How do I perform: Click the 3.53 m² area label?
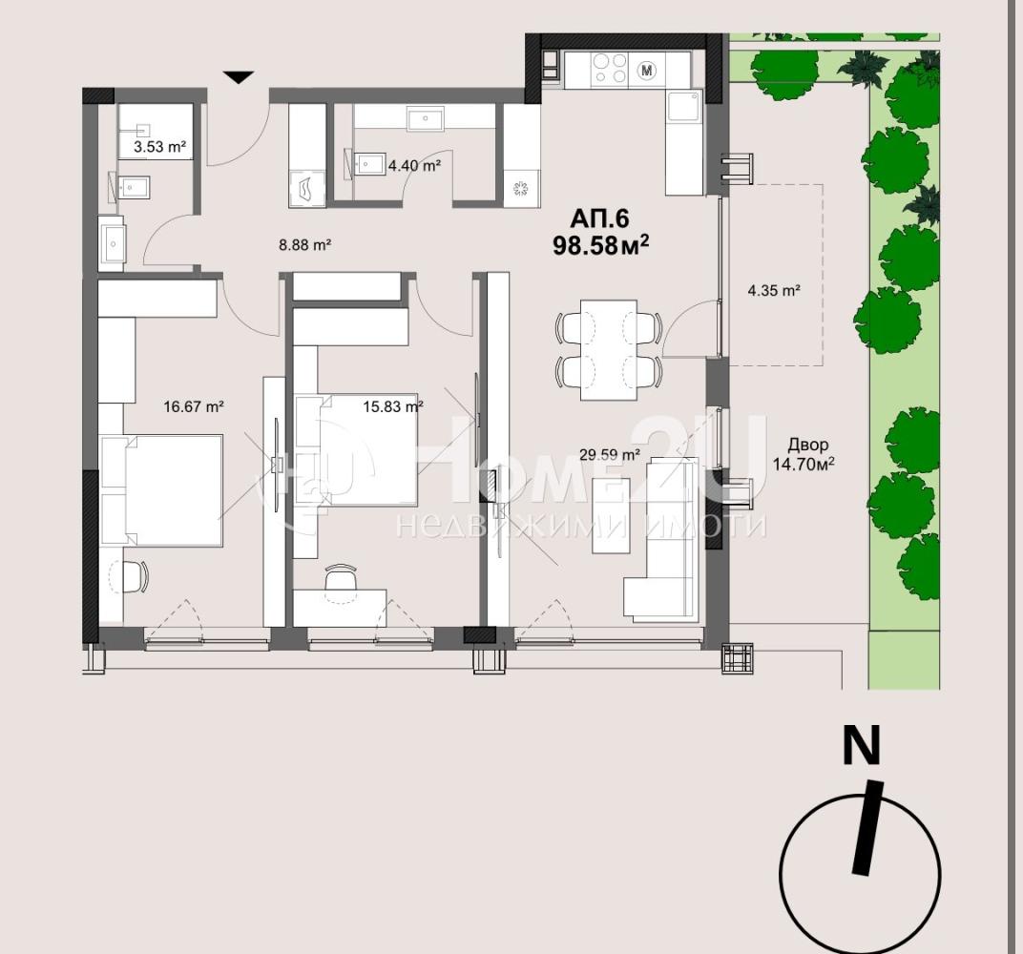[160, 147]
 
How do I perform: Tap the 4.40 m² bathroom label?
[414, 166]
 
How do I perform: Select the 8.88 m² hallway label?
[305, 245]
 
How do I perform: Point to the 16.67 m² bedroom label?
[194, 407]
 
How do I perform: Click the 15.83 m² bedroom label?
[393, 407]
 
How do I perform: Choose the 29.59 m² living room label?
[610, 454]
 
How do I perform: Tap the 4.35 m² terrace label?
[774, 291]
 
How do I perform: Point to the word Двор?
[808, 445]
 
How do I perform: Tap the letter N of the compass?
[861, 745]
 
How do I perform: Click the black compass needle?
[867, 827]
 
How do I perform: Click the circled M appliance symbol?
[647, 70]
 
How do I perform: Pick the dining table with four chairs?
[609, 349]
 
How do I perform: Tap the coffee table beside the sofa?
[611, 516]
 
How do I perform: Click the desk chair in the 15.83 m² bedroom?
[342, 577]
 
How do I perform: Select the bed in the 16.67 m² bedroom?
[162, 490]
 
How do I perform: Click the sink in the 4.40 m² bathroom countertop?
[426, 119]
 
